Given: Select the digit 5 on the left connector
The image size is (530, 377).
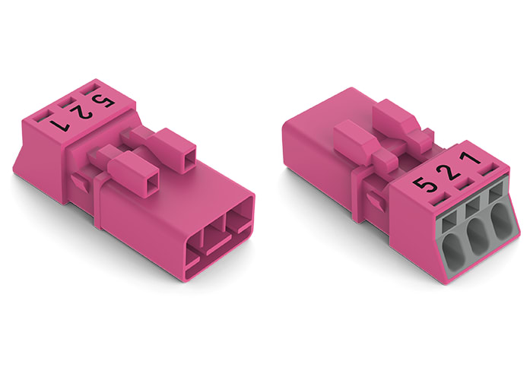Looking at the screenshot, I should tap(97, 101).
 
